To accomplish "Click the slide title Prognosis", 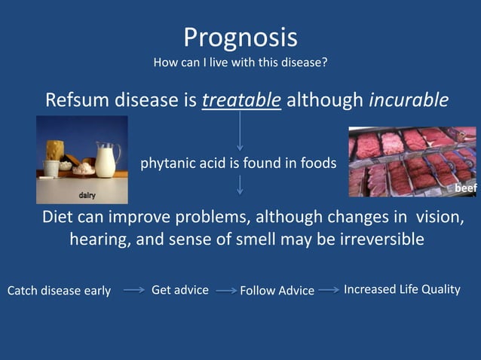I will (x=240, y=37).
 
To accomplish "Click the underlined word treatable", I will (x=241, y=100).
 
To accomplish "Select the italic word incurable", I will (x=409, y=100).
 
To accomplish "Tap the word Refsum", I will (x=79, y=100).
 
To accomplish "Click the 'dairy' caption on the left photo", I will (x=88, y=196).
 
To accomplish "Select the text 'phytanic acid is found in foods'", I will (x=238, y=163).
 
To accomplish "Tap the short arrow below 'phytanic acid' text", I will (x=240, y=185).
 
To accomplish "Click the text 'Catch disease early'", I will (x=59, y=291).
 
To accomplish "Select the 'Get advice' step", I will (x=180, y=290).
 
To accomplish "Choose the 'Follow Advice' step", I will (x=277, y=291).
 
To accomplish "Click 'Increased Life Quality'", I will (x=402, y=290).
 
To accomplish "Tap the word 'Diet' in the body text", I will (x=57, y=217).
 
